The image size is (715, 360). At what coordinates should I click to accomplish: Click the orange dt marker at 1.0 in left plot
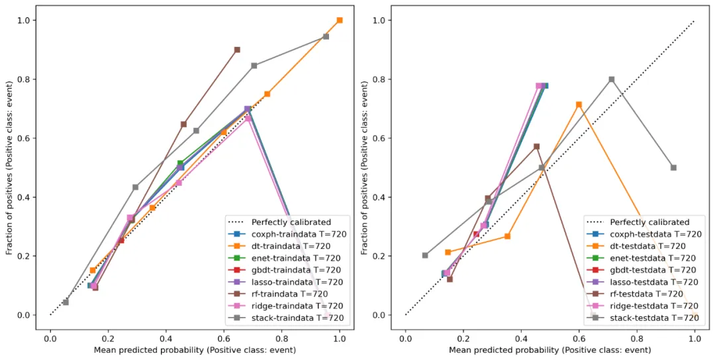(x=340, y=21)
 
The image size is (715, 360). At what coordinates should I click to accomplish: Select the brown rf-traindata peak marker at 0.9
(x=237, y=50)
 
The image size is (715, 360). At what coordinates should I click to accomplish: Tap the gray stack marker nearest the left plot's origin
(x=66, y=302)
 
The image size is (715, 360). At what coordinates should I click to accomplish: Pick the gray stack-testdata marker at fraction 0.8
(x=612, y=79)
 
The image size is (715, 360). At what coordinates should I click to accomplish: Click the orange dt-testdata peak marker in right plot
(x=579, y=105)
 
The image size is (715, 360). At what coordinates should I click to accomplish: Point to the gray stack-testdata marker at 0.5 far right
(x=673, y=167)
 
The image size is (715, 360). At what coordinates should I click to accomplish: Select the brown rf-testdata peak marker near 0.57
(x=536, y=146)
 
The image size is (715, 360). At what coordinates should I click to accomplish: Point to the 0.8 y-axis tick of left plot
(x=26, y=79)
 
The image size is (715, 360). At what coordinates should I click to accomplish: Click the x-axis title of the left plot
(x=195, y=349)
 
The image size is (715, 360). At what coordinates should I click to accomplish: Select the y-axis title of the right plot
(x=366, y=168)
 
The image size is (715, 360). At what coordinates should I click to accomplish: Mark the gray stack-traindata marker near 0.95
(x=326, y=36)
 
